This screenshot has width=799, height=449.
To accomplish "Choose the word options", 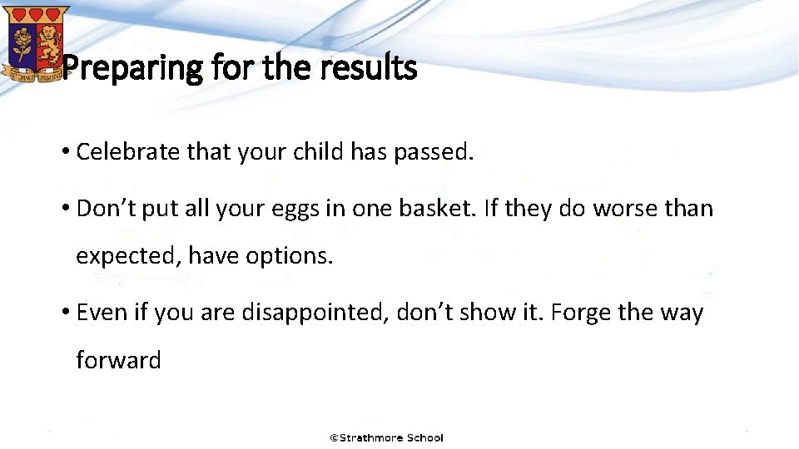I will pos(289,256).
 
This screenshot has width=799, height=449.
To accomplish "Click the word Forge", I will pos(581,313).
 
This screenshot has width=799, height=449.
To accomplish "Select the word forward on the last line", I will pos(118,360).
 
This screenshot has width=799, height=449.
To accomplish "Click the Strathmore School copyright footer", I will pos(387,437).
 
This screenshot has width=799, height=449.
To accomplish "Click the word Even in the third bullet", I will pos(97,313).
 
